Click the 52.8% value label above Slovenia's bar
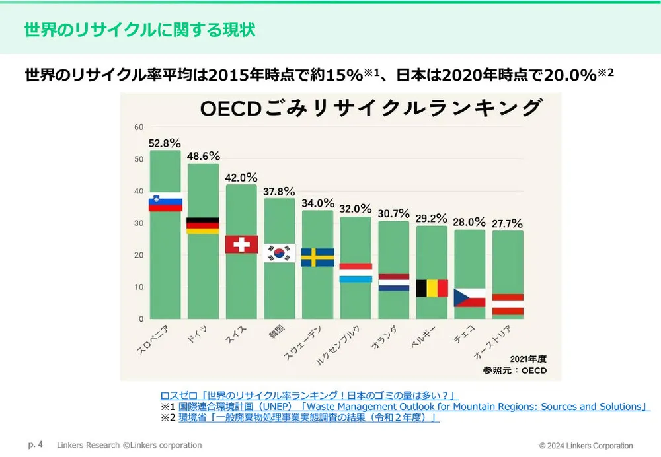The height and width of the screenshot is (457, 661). pos(165,143)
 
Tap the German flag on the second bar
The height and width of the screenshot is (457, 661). pos(203,226)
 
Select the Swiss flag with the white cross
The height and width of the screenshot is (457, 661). pos(241,244)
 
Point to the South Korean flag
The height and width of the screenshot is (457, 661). pos(279,253)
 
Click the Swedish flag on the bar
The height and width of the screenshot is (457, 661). pos(317,258)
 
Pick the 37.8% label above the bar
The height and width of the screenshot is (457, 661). pos(279,192)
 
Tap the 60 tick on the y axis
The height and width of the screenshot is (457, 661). pos(139,127)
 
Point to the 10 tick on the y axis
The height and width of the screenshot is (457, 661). pos(139,287)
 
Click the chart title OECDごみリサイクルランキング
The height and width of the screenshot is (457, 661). pos(371,108)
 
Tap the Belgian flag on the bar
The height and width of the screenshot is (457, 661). pos(432,288)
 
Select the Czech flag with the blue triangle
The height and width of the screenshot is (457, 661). pos(469,298)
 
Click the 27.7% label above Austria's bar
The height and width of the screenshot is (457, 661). pos(508,223)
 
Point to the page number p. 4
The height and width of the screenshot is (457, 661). pos(36,445)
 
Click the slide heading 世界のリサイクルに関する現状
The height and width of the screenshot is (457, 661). pos(139,30)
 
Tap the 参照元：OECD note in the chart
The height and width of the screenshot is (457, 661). pos(515,370)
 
